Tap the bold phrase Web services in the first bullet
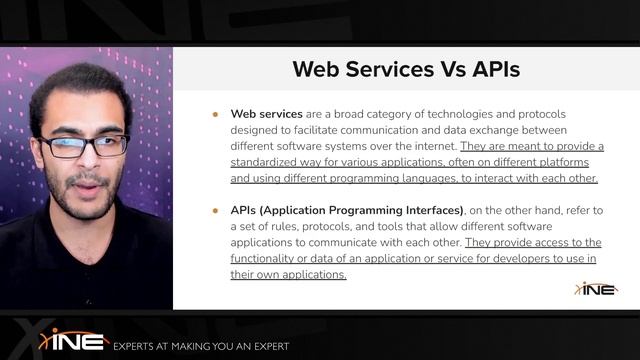pos(267,114)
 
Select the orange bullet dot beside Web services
pos(215,114)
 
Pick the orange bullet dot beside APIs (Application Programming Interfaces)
pos(215,210)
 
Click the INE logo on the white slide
pos(596,288)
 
